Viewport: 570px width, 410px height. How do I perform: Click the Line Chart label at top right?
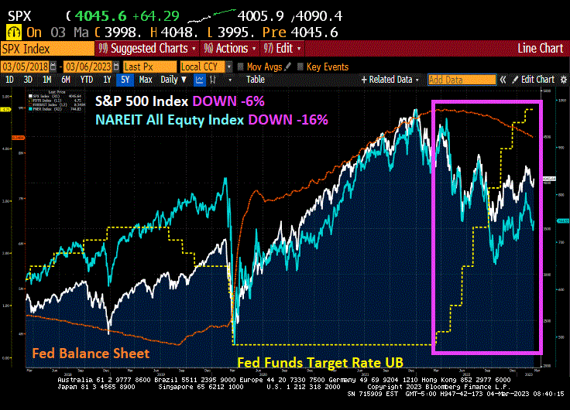540,48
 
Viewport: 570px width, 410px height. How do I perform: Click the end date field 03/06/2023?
91,67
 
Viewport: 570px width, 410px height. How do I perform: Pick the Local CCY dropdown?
204,67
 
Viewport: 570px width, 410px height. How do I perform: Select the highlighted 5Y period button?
124,79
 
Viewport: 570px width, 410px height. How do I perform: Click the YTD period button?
87,79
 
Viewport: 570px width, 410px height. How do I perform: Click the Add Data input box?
462,79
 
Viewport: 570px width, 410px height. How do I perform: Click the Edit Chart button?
534,79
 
